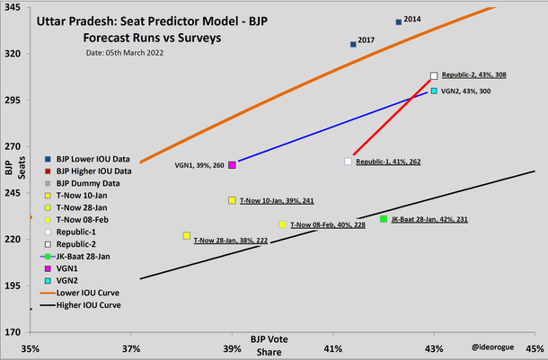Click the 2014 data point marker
pos(399,22)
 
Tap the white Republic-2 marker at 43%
pos(434,76)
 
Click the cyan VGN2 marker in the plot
pos(434,91)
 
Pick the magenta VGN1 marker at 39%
pos(233,165)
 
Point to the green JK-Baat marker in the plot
pos(384,219)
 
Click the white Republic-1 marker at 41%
pos(349,162)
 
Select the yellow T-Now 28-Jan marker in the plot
pos(186,236)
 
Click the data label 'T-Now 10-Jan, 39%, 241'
pos(277,201)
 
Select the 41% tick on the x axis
pos(333,348)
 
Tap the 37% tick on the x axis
pos(131,348)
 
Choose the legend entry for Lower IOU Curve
pos(87,293)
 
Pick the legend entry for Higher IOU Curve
pos(88,305)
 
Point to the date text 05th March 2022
pos(125,53)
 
